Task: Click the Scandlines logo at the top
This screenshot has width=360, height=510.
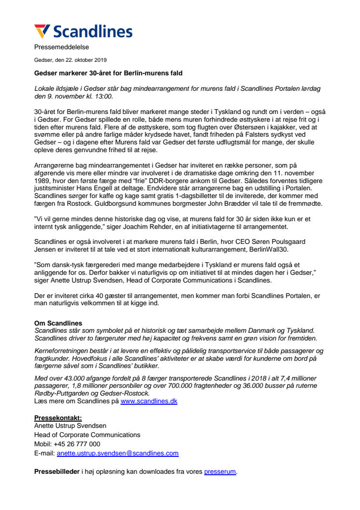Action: click(83, 31)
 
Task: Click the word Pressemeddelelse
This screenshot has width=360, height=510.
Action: click(61, 47)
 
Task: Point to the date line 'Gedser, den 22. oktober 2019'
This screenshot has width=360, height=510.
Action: click(70, 60)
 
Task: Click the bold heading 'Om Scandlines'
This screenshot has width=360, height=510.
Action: click(58, 323)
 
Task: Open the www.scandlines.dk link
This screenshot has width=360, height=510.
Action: click(149, 401)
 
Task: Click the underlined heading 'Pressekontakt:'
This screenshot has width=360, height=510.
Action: click(58, 418)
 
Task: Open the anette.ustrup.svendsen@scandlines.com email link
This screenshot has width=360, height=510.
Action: click(117, 453)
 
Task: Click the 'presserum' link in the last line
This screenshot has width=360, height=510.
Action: click(220, 471)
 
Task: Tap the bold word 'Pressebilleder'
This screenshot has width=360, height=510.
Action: click(56, 471)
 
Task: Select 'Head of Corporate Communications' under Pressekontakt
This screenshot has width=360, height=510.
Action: click(87, 435)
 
